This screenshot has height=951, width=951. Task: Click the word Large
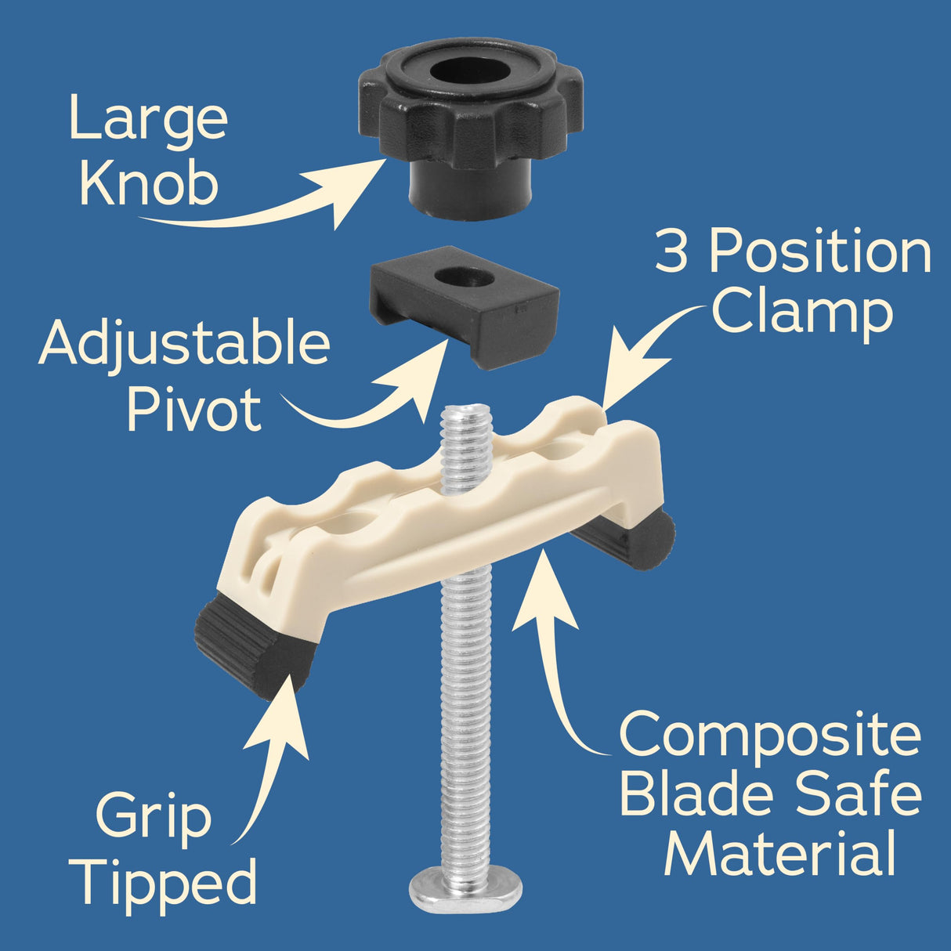click(149, 119)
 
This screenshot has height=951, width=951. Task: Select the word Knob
click(149, 185)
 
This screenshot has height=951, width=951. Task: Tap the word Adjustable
click(184, 345)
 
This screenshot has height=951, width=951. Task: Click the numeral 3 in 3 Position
click(671, 252)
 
